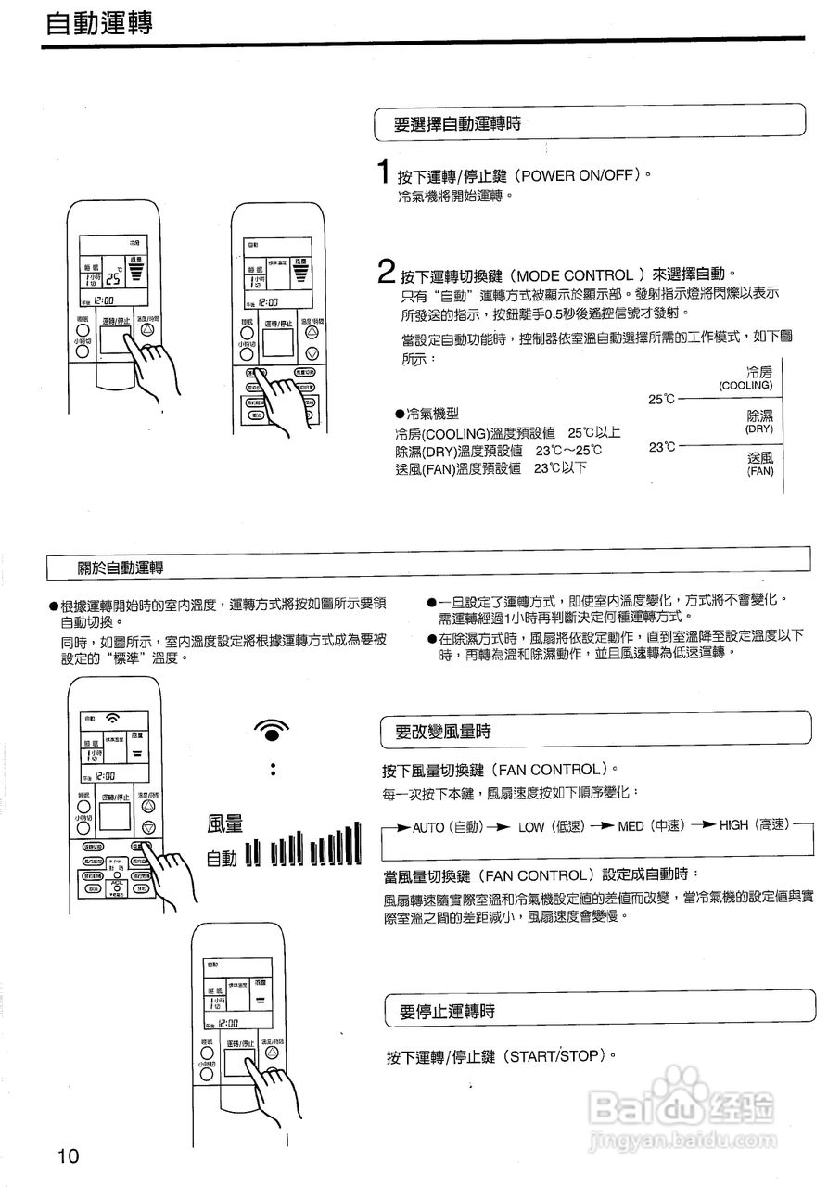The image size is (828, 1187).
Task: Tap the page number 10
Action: (69, 1155)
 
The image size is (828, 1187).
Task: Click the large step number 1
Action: (383, 172)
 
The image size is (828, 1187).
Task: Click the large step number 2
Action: (387, 273)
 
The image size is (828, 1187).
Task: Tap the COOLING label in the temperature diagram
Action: (745, 385)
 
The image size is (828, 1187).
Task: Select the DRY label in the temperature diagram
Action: (758, 429)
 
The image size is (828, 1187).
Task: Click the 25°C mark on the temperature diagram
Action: (661, 399)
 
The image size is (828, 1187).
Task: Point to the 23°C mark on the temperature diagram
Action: (661, 447)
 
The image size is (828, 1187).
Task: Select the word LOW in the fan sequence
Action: (530, 826)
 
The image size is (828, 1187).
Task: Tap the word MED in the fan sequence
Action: (631, 826)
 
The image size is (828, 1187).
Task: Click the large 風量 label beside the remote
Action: (225, 823)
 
